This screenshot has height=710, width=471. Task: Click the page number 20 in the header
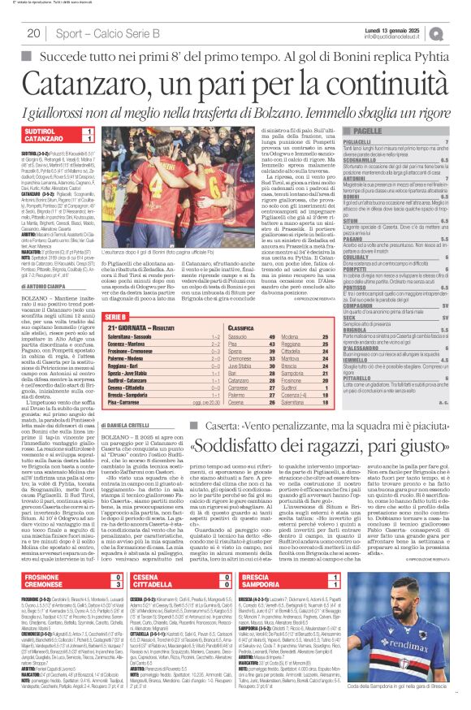click(34, 33)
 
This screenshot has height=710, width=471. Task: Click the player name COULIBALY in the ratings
click(362, 280)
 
